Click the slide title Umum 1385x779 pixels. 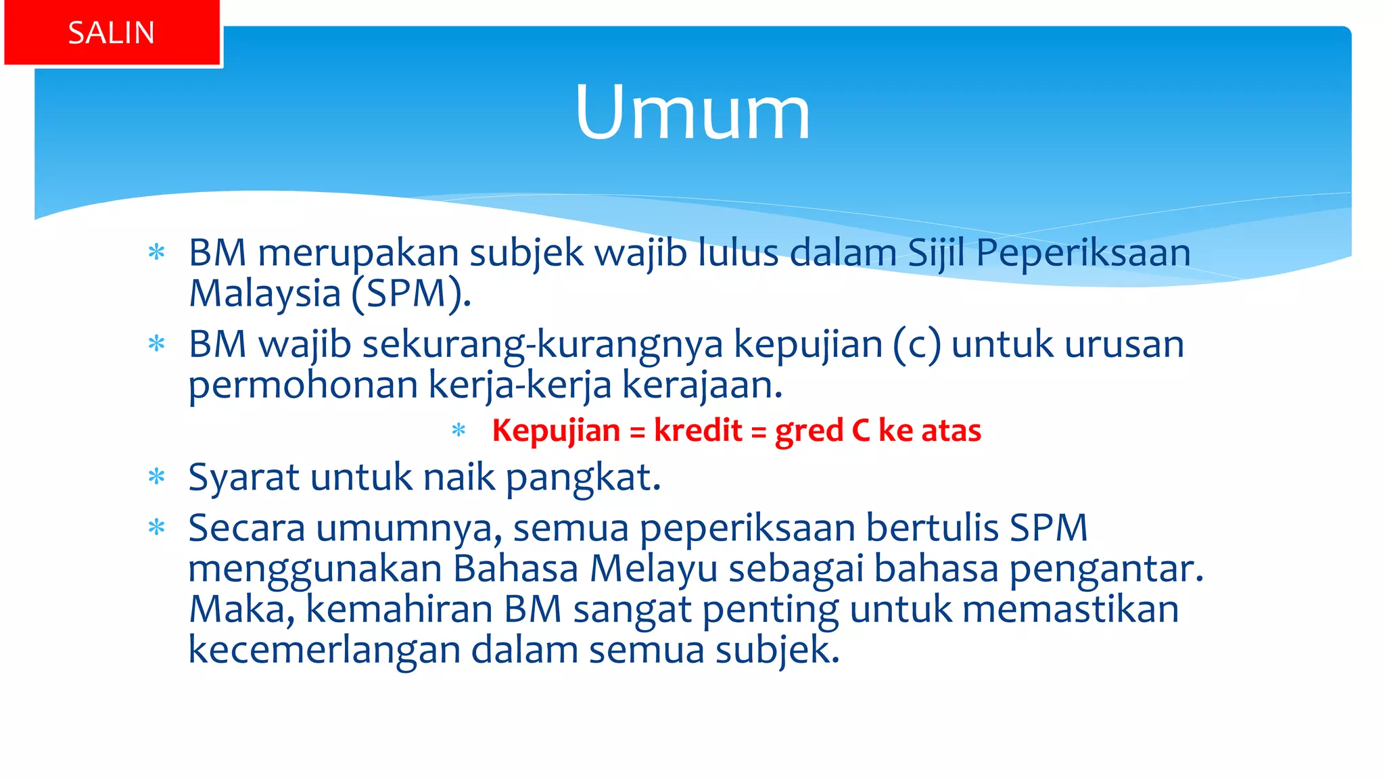click(692, 112)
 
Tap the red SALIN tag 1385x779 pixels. click(112, 33)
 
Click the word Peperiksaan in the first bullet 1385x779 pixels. click(1083, 253)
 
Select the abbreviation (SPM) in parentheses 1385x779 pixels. click(410, 293)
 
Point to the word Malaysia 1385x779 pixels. click(264, 293)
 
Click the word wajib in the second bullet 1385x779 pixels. click(305, 344)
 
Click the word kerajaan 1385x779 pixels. click(702, 385)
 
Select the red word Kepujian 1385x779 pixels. click(556, 431)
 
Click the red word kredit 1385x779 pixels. click(698, 431)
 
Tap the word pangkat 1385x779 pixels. click(583, 477)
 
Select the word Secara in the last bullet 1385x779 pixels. click(247, 528)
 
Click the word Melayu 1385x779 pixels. click(653, 569)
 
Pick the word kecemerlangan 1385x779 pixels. click(324, 650)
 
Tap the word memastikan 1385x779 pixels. click(1071, 609)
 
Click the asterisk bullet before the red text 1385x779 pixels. click(459, 430)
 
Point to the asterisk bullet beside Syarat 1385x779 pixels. click(157, 477)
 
